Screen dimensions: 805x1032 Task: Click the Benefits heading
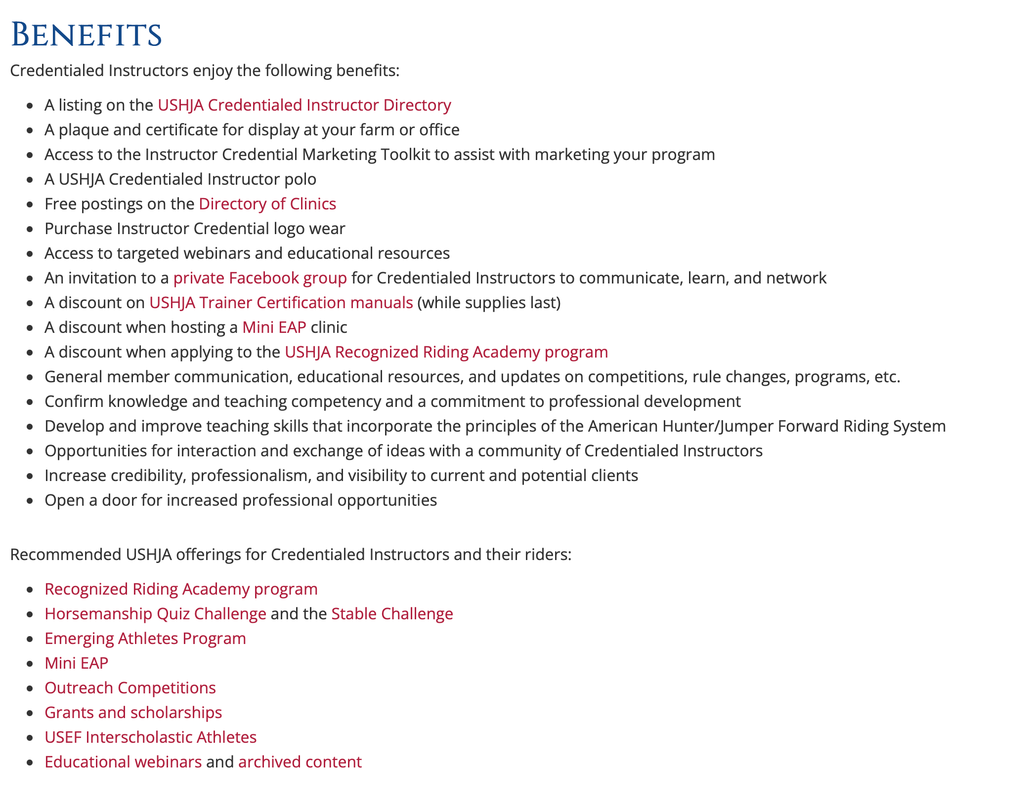point(86,35)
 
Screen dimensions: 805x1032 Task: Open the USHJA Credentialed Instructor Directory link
point(304,105)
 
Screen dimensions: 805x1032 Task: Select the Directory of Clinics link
point(267,204)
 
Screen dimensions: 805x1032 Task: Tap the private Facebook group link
point(260,278)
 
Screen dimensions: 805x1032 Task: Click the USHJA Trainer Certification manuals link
point(281,303)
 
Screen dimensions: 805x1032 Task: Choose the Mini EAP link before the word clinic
point(274,327)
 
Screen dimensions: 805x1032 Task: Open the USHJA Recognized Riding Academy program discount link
point(446,352)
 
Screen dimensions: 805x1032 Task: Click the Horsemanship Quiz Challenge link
point(155,614)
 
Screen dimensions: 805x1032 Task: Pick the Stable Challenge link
point(392,614)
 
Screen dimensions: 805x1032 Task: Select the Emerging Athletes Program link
point(145,639)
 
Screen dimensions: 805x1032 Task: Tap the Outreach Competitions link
point(130,688)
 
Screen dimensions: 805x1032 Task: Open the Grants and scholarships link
point(133,713)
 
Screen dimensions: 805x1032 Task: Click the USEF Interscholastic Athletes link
point(150,737)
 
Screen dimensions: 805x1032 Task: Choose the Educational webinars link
point(123,762)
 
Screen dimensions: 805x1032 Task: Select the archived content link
point(300,762)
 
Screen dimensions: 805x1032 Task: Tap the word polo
point(300,179)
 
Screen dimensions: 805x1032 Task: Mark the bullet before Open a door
point(31,501)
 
